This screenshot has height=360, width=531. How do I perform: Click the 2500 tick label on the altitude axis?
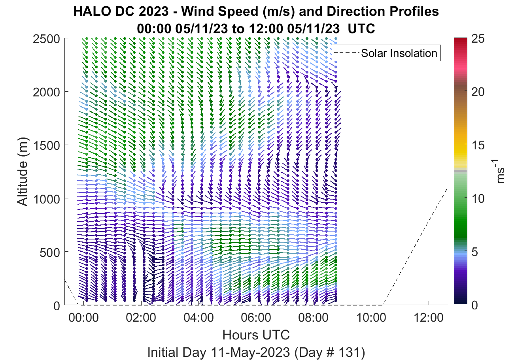tap(46, 39)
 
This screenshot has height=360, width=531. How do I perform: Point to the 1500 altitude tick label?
tap(46, 145)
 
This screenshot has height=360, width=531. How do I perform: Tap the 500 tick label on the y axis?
tap(49, 253)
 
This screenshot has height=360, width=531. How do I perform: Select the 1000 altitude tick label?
tap(46, 199)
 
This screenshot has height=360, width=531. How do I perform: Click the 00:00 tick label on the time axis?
tap(83, 318)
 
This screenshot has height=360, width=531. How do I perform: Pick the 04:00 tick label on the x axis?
tap(198, 318)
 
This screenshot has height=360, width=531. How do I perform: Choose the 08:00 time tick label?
tap(314, 318)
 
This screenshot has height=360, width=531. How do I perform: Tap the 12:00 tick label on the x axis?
tap(428, 318)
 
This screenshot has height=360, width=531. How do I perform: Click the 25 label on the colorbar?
tap(478, 38)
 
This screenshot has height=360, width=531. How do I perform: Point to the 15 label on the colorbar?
tap(478, 145)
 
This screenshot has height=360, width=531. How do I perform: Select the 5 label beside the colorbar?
tap(474, 252)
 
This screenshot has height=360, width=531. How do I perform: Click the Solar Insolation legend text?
tap(399, 53)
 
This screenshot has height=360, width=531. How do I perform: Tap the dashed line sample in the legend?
tap(347, 53)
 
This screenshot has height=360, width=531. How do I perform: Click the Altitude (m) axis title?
tap(23, 172)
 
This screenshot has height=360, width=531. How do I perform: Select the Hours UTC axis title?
tap(256, 335)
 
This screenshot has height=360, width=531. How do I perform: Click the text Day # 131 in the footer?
tap(330, 352)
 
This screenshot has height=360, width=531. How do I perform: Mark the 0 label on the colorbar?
tap(474, 305)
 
